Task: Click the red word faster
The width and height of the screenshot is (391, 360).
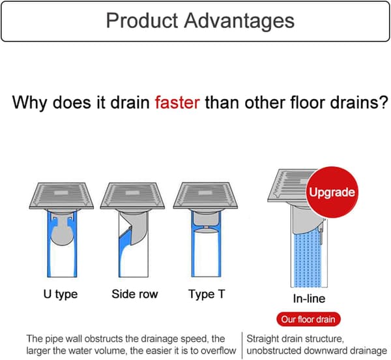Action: coord(177,102)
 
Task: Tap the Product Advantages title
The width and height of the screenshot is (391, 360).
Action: coord(200,20)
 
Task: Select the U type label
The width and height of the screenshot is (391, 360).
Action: coord(61,294)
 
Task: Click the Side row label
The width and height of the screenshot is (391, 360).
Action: coord(135,294)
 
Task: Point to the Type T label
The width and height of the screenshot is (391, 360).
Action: coord(207,294)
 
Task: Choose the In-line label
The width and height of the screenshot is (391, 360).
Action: coord(309,299)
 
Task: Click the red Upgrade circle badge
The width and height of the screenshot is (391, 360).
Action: coord(332,192)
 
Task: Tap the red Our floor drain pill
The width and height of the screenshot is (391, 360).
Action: coord(308,320)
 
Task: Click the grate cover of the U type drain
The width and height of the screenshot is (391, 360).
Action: coord(61,196)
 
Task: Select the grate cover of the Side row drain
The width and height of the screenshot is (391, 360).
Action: coord(132,196)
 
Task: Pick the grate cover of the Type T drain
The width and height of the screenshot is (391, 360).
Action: coord(205,196)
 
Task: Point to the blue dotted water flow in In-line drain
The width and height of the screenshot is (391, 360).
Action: coord(307,260)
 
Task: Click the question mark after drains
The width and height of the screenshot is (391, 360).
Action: coord(384,102)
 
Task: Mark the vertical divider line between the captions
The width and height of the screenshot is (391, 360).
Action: coord(242,345)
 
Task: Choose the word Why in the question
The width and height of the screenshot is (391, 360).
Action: coord(30,103)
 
